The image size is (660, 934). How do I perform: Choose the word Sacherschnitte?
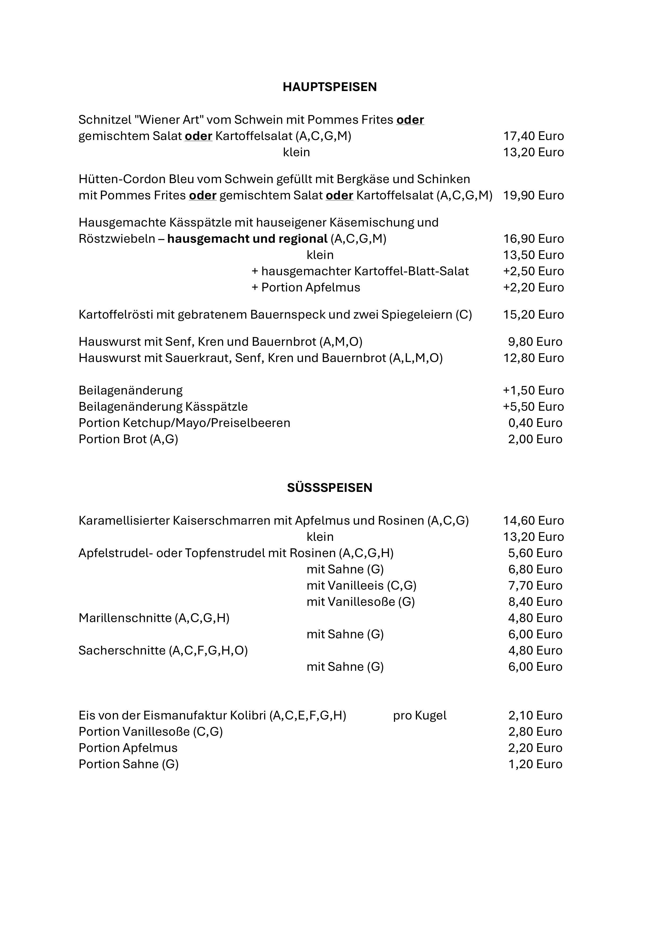[x=122, y=651]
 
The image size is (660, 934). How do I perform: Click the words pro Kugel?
[x=420, y=715]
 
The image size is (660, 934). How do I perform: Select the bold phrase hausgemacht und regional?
[x=247, y=239]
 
